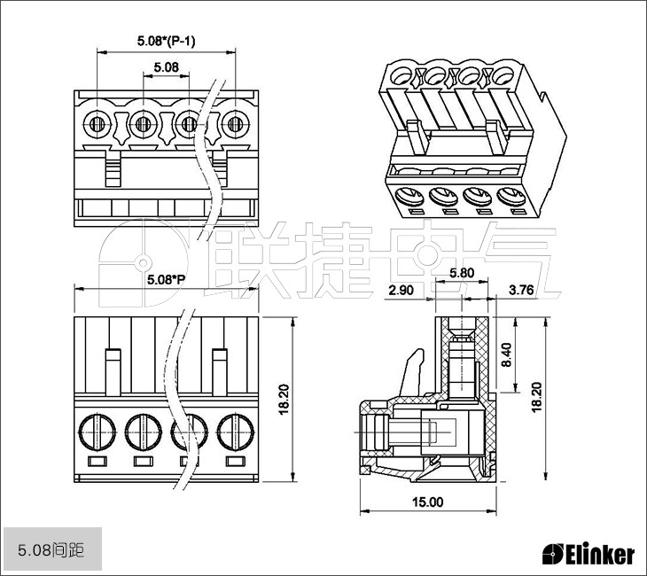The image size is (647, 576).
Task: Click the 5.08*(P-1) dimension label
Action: (167, 41)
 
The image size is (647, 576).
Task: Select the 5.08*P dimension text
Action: (166, 280)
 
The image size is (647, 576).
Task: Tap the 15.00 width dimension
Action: (427, 502)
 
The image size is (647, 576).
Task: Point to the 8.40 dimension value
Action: (506, 354)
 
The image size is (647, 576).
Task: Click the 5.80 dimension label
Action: (462, 273)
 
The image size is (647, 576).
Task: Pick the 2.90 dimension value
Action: (401, 290)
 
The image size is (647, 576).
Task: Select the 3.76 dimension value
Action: (521, 290)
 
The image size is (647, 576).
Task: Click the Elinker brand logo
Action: (589, 554)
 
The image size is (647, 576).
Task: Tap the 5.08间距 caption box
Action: (51, 550)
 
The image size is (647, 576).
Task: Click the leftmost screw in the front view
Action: (97, 433)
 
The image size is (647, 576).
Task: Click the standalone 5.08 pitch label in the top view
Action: (166, 67)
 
